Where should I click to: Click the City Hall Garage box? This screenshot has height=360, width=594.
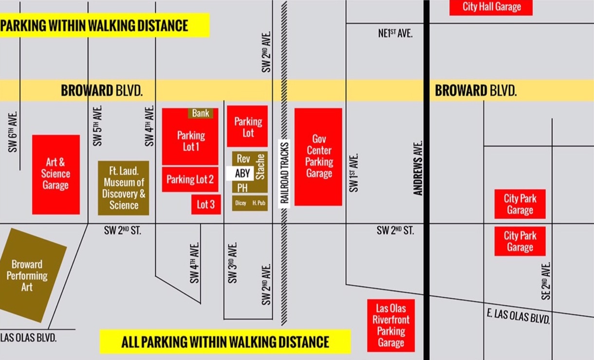[x=491, y=7]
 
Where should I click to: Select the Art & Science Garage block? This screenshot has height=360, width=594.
[x=56, y=174]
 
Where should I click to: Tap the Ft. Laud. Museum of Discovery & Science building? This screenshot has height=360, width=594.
[x=124, y=188]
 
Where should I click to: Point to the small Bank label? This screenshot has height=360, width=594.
[x=201, y=113]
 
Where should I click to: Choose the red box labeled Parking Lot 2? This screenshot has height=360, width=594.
[x=190, y=180]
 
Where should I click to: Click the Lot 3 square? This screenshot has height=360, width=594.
[x=205, y=204]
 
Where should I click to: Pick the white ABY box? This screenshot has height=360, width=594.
[x=242, y=174]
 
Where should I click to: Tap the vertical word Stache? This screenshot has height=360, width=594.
[x=260, y=167]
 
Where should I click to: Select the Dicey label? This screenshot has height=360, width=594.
[x=241, y=203]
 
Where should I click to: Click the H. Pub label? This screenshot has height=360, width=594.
[x=259, y=203]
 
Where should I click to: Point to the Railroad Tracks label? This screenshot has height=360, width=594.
[x=284, y=174]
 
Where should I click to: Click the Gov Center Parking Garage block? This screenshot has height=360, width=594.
[x=318, y=157]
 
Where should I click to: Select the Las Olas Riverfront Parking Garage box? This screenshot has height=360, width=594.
[x=391, y=325]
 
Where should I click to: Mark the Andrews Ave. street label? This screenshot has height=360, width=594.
[x=418, y=168]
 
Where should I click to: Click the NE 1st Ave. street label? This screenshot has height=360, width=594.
[x=395, y=34]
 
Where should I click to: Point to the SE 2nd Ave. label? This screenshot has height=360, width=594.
[x=546, y=281]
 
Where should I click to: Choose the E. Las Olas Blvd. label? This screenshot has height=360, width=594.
[x=519, y=316]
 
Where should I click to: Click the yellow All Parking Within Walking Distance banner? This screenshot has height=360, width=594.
[x=225, y=342]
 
